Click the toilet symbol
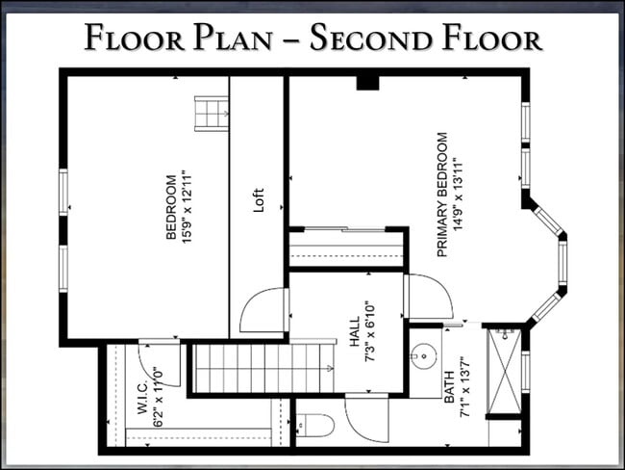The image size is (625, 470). tap(312, 423)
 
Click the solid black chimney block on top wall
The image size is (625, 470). tap(367, 83)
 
